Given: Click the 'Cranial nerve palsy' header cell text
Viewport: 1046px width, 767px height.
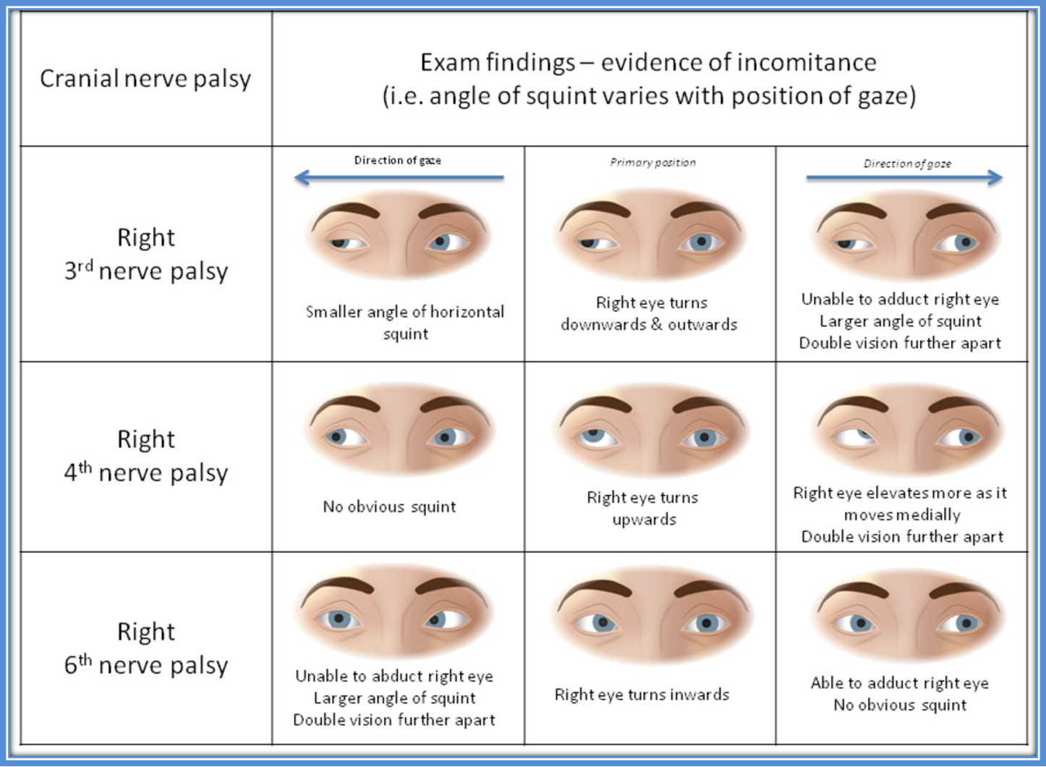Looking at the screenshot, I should tap(145, 78).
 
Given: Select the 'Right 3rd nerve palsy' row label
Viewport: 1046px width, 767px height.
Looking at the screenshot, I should tap(146, 254).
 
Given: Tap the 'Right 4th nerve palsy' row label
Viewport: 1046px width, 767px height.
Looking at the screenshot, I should tap(146, 456).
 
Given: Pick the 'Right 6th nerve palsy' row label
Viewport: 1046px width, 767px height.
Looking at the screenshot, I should tap(146, 648).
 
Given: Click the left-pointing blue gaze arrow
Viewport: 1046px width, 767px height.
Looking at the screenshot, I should tap(399, 177).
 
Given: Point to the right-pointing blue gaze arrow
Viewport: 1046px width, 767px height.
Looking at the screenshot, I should tap(904, 177).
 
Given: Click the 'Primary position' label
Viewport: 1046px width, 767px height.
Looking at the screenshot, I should tap(652, 163).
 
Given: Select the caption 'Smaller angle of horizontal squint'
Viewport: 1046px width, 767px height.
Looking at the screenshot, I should tap(405, 323).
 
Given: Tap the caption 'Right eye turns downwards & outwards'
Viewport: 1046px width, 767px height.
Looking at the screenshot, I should tap(650, 313).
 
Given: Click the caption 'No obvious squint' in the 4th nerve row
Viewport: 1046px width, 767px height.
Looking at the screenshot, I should tap(389, 507).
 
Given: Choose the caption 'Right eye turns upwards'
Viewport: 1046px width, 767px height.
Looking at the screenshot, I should tap(643, 508).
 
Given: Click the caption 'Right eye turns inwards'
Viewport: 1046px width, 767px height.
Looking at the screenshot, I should tap(642, 695).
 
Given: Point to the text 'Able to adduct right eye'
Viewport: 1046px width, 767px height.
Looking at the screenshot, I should tap(899, 683).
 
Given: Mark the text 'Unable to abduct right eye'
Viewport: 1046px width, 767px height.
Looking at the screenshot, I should tap(394, 676).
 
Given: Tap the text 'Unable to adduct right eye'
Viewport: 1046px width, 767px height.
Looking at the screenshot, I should tap(900, 299).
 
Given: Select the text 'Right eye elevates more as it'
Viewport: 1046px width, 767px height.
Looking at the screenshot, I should tap(900, 493).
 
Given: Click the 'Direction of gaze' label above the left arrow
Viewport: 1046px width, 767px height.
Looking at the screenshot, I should tap(397, 161).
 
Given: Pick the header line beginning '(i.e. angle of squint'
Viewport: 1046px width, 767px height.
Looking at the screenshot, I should tap(649, 96).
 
